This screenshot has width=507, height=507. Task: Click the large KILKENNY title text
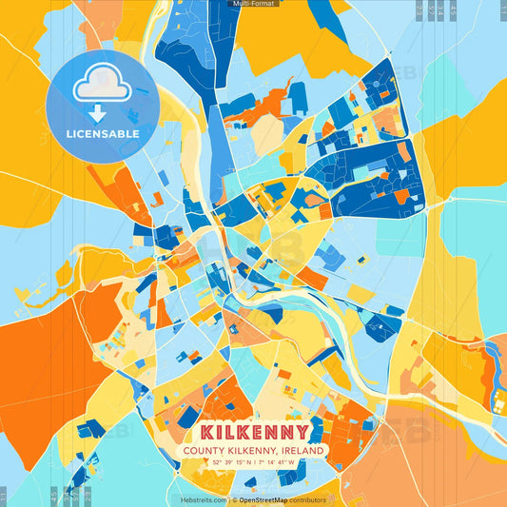(x=254, y=432)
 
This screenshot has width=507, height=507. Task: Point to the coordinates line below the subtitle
(x=253, y=463)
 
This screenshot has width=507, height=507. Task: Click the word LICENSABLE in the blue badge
(x=103, y=134)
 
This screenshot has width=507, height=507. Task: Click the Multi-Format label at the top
(x=250, y=4)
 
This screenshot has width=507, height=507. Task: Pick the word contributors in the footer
(x=307, y=499)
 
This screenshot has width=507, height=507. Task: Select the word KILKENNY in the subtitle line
(x=254, y=451)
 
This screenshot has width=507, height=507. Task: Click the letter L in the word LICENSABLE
(x=68, y=134)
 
